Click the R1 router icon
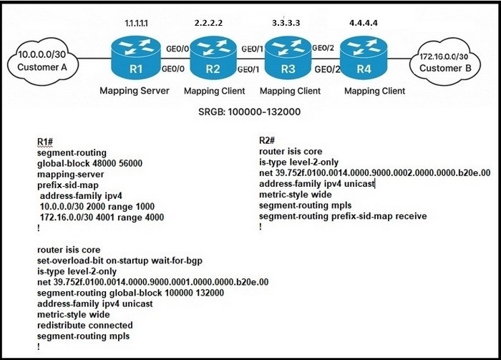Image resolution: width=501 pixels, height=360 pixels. pos(136,57)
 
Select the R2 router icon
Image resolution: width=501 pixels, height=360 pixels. pos(213,57)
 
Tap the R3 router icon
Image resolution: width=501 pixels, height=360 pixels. pos(288,57)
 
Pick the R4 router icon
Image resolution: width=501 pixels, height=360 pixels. pos(364,57)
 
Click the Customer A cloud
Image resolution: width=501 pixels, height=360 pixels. pos(42,61)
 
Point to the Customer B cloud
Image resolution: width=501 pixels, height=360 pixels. pos(445,62)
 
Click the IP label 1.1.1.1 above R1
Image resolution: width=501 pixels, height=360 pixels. pos(136,24)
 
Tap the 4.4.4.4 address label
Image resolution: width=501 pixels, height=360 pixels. pos(364,23)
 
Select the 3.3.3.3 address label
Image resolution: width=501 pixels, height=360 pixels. pos(286,23)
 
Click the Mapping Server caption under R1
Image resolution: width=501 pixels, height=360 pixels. pos(135,91)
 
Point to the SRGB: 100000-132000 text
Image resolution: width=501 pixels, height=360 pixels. pos(249,112)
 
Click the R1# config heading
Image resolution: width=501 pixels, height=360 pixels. pos(45,142)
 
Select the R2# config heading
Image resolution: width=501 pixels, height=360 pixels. pos(267,140)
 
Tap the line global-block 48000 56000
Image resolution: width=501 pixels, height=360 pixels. pos(89,164)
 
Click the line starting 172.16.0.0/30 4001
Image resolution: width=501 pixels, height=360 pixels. pos(102,218)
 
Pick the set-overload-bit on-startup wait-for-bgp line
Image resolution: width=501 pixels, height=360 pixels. pos(120,261)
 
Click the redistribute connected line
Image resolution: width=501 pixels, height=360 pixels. pos(85,325)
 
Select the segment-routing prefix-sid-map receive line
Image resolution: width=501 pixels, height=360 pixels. pos(343,216)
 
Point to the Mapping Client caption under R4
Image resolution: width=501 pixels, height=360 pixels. pos(374,91)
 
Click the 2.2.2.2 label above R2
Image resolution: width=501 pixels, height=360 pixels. pos(209,23)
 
